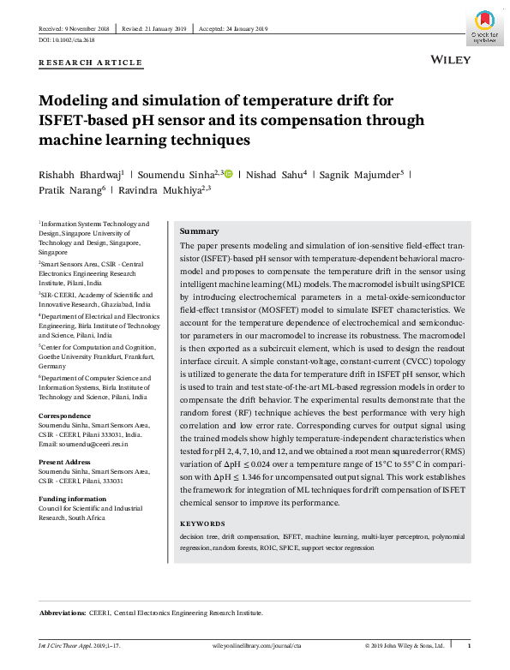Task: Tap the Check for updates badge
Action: pos(483,25)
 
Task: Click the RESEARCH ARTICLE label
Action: pos(91,63)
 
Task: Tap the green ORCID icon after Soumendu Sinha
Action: pos(229,174)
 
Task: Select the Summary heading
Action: pos(199,231)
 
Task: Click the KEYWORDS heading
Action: pos(202,523)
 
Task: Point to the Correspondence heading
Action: pos(65,416)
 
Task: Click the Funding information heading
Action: pos(72,499)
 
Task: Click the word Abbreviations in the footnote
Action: pos(63,613)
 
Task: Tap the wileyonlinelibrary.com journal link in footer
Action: pos(255,645)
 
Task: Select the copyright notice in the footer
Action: pos(405,645)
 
